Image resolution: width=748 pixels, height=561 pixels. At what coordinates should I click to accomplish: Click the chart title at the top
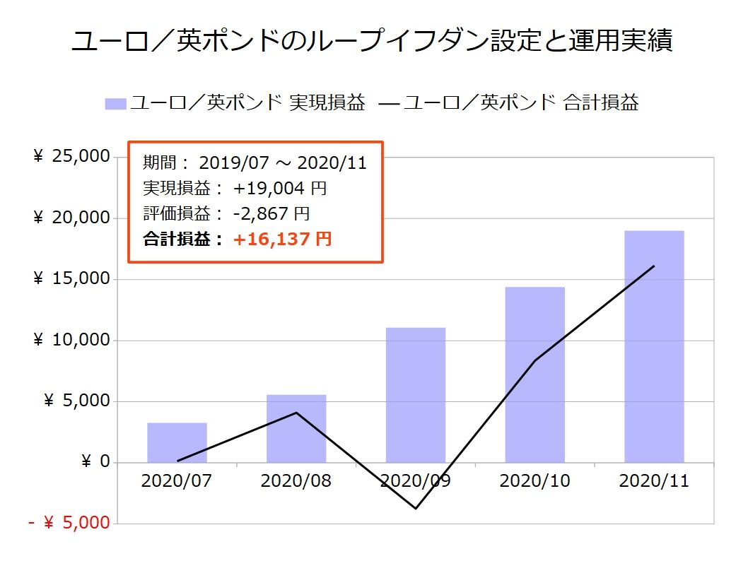click(x=373, y=41)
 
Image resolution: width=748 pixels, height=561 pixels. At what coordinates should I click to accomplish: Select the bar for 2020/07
click(x=177, y=443)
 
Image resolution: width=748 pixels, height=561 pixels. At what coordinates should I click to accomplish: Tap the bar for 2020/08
click(x=296, y=429)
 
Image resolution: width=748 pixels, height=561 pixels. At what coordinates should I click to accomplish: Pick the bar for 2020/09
click(x=416, y=395)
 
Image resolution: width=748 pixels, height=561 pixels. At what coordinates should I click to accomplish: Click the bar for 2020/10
click(x=534, y=374)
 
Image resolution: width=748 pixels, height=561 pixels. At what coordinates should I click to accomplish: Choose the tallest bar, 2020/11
click(x=654, y=346)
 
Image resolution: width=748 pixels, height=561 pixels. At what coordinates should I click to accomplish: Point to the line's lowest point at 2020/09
click(x=416, y=508)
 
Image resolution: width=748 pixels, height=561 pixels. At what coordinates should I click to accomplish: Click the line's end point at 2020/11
click(x=654, y=266)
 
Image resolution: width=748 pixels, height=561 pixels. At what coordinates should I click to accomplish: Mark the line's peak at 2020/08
click(x=296, y=413)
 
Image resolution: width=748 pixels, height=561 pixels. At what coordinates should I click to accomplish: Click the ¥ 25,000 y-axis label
click(x=71, y=157)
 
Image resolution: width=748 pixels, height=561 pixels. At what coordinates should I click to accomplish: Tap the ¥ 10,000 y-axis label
click(x=71, y=341)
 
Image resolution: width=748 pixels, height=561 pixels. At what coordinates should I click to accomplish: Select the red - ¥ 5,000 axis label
click(x=69, y=524)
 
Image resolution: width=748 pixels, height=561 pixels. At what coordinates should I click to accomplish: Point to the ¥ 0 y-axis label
click(x=95, y=463)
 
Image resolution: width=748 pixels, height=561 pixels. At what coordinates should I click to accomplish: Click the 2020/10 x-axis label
click(x=534, y=482)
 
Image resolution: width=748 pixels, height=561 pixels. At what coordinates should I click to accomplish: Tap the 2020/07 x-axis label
click(x=177, y=482)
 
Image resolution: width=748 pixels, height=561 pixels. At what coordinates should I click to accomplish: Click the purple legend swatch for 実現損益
click(x=115, y=104)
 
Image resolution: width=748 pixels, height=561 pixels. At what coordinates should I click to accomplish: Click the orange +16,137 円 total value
click(x=282, y=240)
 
